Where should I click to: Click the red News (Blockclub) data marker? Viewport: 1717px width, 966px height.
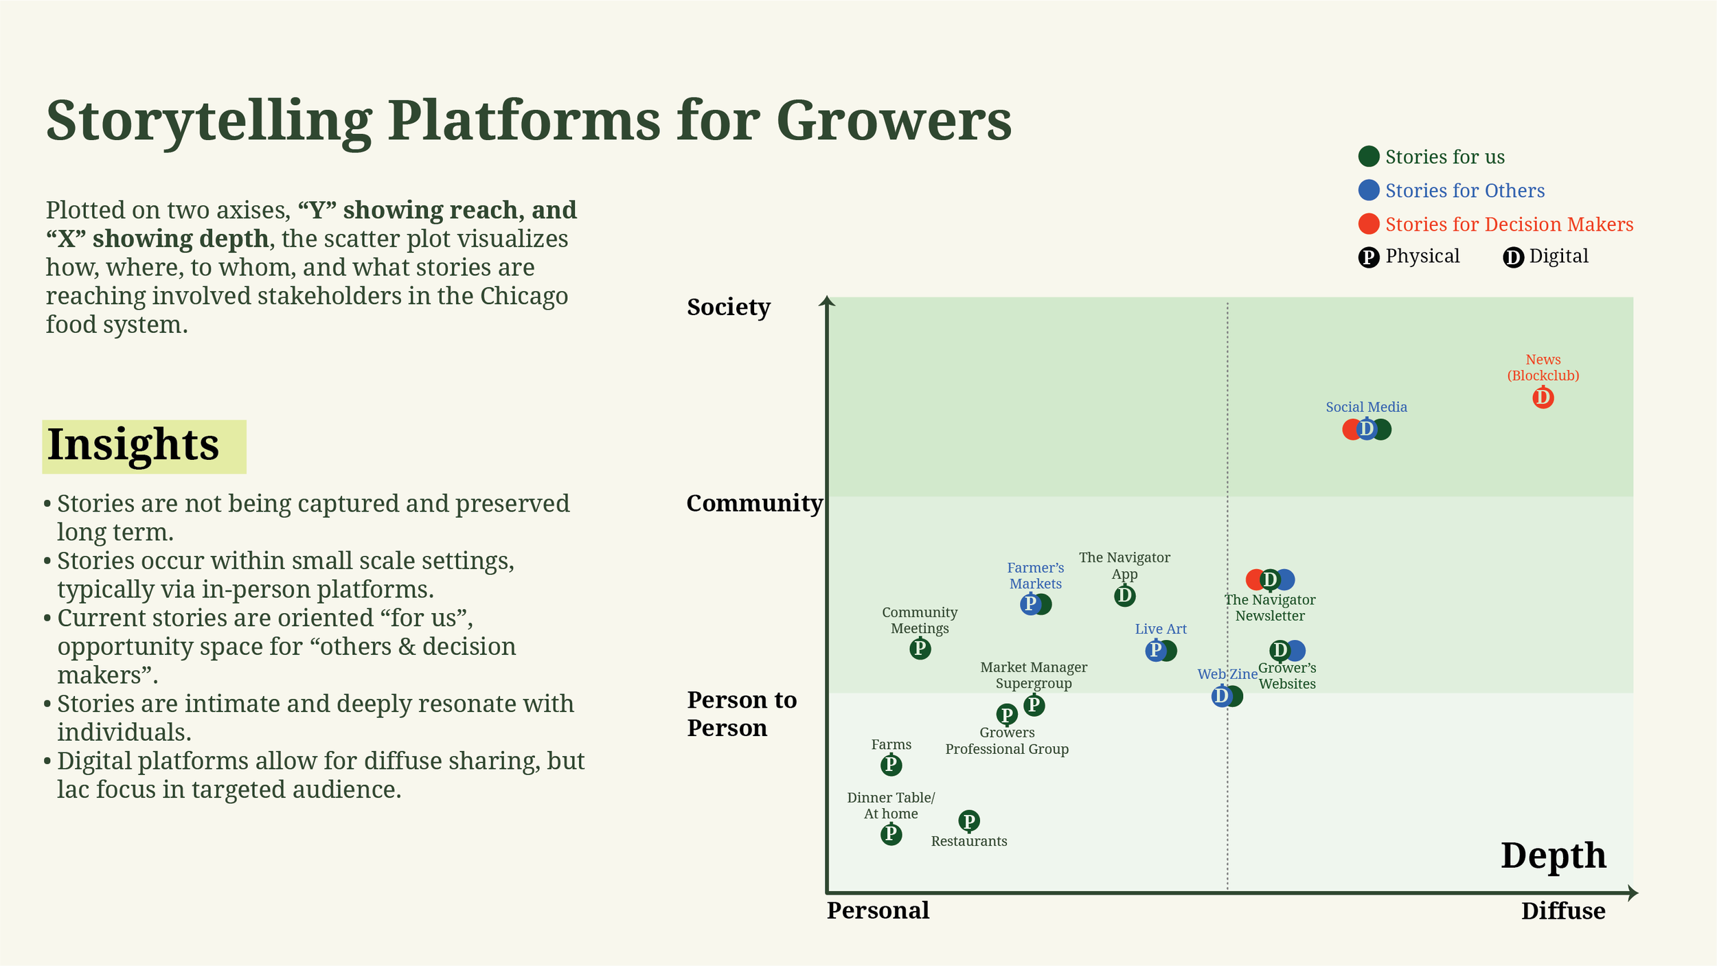[1543, 398]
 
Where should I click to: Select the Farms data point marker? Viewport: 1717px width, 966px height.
[891, 764]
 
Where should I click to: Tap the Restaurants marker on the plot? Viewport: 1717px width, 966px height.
[968, 820]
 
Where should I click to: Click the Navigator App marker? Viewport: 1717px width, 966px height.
[1124, 595]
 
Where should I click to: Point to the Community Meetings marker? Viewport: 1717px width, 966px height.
[920, 648]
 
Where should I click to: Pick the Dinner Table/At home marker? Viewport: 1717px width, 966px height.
[891, 834]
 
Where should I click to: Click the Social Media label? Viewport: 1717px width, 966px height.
[1366, 407]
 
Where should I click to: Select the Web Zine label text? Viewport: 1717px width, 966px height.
[1227, 674]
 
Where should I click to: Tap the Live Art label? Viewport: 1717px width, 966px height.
[1160, 629]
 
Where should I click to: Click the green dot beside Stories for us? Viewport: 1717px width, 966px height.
[1368, 157]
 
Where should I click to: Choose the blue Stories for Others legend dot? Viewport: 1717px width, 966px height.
[1368, 190]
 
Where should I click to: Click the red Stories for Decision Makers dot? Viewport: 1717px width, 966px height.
[1368, 224]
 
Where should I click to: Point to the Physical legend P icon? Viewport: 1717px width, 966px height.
[1368, 257]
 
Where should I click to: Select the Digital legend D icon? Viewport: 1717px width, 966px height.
[1513, 257]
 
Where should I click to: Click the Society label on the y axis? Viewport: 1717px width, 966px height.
[728, 307]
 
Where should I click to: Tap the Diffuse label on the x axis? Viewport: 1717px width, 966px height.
[1562, 911]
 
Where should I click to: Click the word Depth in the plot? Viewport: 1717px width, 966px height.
[1553, 855]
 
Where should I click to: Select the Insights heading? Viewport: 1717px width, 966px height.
[133, 445]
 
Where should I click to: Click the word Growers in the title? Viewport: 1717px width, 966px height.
[894, 121]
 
